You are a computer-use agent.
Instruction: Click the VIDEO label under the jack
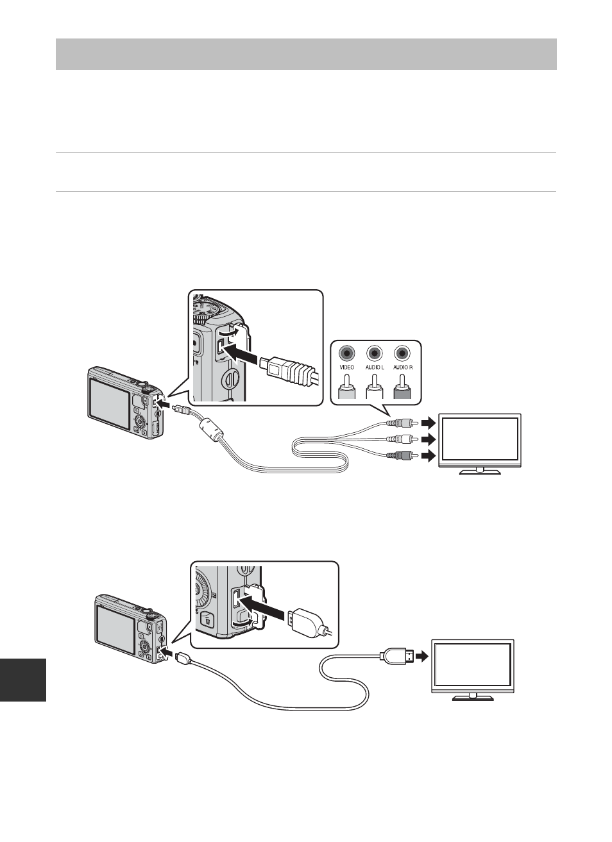point(347,367)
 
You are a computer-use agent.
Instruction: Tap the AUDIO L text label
point(374,367)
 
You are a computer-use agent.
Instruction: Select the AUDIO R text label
point(402,367)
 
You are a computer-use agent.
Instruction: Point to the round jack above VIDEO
point(347,352)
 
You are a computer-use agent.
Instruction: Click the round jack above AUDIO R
point(402,352)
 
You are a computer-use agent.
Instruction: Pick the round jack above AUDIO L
point(375,352)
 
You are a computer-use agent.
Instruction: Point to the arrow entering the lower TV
point(421,656)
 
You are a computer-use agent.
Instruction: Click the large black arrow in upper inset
point(243,354)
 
